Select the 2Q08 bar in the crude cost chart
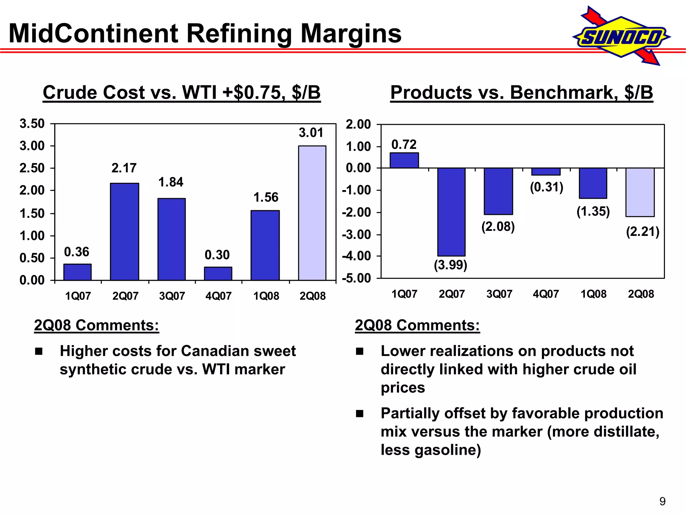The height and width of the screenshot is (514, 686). coord(312,213)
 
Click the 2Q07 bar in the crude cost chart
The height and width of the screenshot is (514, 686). coord(125,232)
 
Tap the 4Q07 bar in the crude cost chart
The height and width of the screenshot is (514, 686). coord(218,273)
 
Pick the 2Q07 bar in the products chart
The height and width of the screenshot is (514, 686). coord(451,212)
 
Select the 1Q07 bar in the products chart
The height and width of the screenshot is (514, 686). coord(404,160)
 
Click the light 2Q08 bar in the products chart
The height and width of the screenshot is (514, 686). coord(640,192)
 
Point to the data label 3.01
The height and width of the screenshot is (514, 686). coord(311,133)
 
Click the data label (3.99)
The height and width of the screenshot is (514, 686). coord(451,265)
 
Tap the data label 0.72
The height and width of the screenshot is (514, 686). coord(404,145)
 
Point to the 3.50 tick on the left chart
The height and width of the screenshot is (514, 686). coord(32,124)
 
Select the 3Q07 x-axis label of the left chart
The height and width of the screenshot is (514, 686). coord(172,296)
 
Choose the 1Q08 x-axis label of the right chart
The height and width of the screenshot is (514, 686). coord(593,294)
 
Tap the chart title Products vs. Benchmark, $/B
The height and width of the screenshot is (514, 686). coord(522,92)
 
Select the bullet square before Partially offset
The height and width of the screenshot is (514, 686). coord(360,414)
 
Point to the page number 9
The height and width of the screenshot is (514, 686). coord(662,501)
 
